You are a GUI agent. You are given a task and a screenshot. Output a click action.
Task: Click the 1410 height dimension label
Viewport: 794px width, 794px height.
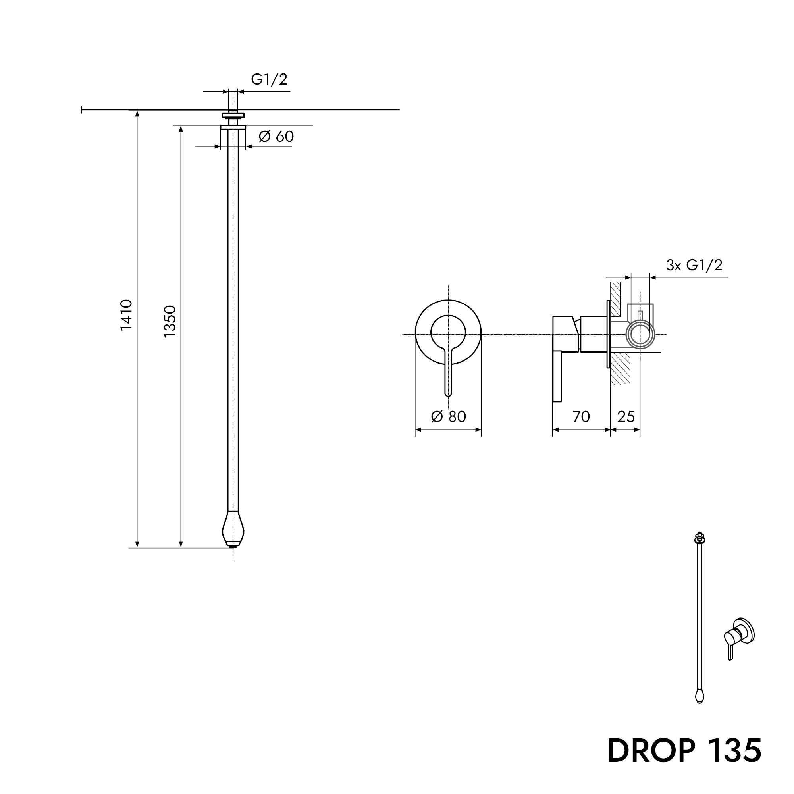(x=126, y=315)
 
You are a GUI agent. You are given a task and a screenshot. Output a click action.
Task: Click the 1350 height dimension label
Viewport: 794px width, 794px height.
(x=170, y=322)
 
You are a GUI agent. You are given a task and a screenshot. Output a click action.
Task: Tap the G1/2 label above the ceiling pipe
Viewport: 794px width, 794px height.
(x=269, y=79)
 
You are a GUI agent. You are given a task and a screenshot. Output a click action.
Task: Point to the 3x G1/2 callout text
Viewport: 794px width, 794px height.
(x=694, y=266)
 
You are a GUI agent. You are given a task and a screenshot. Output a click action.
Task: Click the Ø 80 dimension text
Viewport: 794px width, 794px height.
(x=448, y=417)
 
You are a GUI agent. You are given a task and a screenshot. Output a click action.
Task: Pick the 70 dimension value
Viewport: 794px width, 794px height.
(x=581, y=417)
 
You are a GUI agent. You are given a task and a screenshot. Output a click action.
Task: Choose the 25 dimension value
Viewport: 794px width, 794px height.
(x=626, y=417)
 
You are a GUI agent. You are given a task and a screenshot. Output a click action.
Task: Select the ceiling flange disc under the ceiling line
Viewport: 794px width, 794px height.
(x=233, y=127)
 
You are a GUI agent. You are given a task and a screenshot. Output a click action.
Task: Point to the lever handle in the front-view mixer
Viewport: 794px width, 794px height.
(x=448, y=372)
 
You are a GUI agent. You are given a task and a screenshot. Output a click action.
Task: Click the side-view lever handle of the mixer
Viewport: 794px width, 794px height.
(x=557, y=376)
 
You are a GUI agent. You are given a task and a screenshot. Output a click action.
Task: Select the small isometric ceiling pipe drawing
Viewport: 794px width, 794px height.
(x=700, y=617)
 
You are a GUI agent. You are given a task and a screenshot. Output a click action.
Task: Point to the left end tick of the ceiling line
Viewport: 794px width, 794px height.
(x=82, y=110)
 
